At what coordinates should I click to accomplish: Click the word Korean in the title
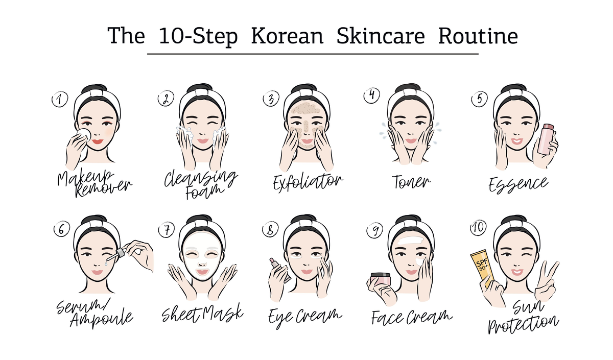(x=287, y=36)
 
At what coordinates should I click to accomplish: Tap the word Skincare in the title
(x=381, y=36)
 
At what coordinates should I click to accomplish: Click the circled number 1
(x=60, y=99)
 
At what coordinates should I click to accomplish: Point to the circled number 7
(x=167, y=229)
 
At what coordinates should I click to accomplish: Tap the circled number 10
(x=478, y=228)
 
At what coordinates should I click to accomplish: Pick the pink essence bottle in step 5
(x=545, y=139)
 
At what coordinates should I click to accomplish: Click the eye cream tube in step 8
(x=280, y=270)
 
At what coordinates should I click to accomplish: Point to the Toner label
(x=411, y=182)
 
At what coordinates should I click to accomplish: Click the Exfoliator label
(x=308, y=182)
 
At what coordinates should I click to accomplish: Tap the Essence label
(x=518, y=185)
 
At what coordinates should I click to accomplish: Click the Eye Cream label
(x=305, y=317)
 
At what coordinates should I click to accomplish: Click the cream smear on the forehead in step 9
(x=411, y=241)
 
